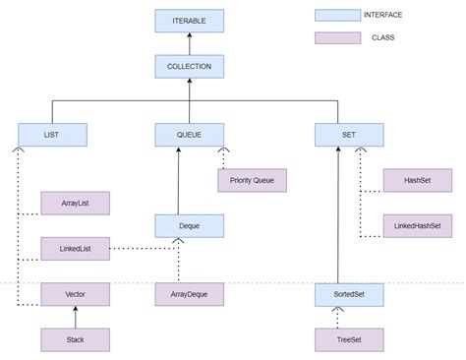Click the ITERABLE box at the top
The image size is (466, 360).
pyautogui.click(x=189, y=21)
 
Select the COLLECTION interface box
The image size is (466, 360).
pyautogui.click(x=189, y=67)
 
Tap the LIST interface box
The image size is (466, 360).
pyautogui.click(x=52, y=135)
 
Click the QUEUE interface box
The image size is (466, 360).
pyautogui.click(x=189, y=135)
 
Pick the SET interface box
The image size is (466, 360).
pyautogui.click(x=348, y=135)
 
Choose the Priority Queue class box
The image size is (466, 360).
pyautogui.click(x=252, y=180)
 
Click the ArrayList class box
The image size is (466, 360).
pyautogui.click(x=75, y=203)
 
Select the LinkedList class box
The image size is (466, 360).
pyautogui.click(x=75, y=248)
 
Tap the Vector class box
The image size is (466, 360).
pyautogui.click(x=75, y=293)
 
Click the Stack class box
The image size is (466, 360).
pyautogui.click(x=75, y=339)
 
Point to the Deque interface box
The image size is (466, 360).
pyautogui.click(x=189, y=226)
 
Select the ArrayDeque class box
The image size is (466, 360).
pyautogui.click(x=189, y=293)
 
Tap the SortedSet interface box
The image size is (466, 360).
pyautogui.click(x=348, y=293)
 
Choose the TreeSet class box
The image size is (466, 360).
pyautogui.click(x=348, y=339)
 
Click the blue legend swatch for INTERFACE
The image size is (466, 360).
pyautogui.click(x=336, y=16)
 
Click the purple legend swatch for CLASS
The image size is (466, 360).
pyautogui.click(x=336, y=38)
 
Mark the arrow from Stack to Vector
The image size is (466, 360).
pyautogui.click(x=75, y=317)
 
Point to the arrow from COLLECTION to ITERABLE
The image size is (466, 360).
pyautogui.click(x=189, y=43)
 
